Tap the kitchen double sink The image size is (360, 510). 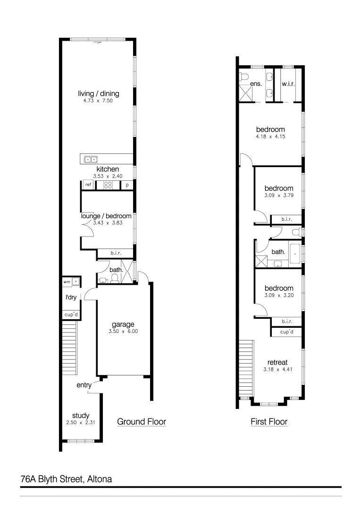pos(90,159)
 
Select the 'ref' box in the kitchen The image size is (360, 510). pos(88,185)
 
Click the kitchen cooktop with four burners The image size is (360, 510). pos(108,185)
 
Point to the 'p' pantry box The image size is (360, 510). pos(127,185)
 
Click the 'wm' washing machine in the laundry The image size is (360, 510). pos(67,282)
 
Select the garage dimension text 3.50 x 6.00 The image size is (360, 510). pos(123,331)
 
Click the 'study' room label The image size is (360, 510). pos(81,416)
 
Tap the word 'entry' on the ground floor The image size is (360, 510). pos(84,385)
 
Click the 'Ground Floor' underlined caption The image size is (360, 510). pos(141,422)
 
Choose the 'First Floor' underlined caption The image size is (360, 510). pos(269,422)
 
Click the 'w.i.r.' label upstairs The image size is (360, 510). pos(288,84)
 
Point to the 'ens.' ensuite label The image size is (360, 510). pos(256,84)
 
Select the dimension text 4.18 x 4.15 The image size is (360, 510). pos(270,136)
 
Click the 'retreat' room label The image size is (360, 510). pos(277,362)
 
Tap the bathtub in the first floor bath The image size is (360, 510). pos(294,254)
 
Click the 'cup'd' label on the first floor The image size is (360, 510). pos(287,332)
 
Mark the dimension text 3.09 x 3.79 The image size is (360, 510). pos(279,195)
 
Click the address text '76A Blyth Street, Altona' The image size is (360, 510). pos(66,479)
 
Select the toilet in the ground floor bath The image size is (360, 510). pos(114,280)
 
